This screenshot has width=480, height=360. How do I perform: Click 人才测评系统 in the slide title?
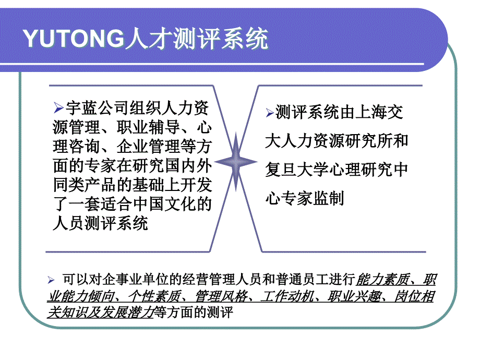coord(197,39)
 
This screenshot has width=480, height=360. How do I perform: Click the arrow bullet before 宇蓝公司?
coord(58,109)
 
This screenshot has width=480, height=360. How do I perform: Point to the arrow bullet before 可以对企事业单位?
coord(51,279)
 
